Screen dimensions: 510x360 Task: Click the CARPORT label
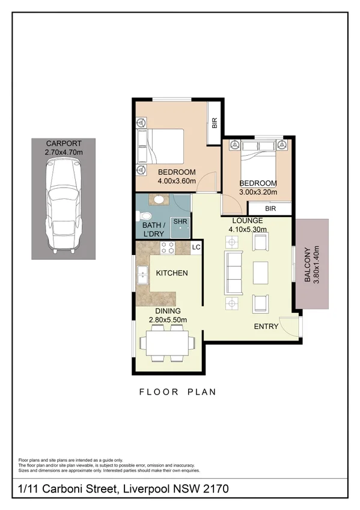(x=64, y=144)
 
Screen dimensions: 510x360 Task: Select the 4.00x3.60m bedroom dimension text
(x=177, y=180)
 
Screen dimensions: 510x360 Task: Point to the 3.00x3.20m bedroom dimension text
(x=258, y=192)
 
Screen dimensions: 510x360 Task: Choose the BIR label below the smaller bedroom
(x=270, y=209)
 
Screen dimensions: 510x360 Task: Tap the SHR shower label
(x=180, y=222)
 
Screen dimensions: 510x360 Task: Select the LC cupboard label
(x=195, y=247)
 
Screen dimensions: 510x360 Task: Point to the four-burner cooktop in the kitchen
(x=166, y=247)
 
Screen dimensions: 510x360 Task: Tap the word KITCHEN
(x=172, y=273)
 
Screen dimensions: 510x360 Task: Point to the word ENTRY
(x=266, y=326)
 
